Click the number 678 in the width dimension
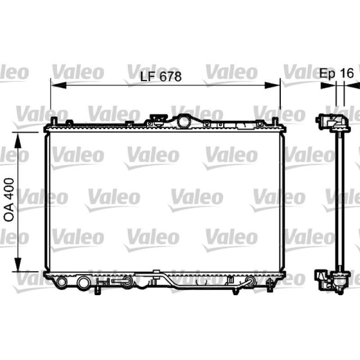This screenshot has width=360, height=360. coord(171,76)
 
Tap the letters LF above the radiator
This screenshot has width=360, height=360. coord(148,76)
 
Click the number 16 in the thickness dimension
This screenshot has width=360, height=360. coord(346,73)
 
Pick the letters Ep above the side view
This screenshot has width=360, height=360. coord(327,74)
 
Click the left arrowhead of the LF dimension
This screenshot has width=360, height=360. coord(58,85)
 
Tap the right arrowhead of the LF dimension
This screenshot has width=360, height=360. coord(272,85)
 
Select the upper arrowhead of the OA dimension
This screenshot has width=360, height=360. coord(18,140)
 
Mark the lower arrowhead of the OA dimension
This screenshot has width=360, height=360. coord(18,264)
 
